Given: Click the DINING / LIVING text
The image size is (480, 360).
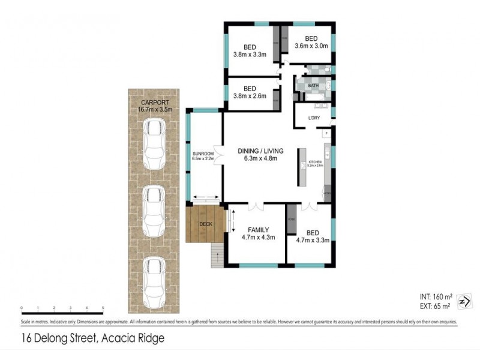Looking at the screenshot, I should coord(260,151).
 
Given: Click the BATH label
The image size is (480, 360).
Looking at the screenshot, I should coord(313,86).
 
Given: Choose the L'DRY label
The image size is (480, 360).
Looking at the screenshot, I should coord(314,118).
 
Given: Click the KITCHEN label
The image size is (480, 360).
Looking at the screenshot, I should coord(316,163).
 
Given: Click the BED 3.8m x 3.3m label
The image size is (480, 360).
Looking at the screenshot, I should coord(250,51).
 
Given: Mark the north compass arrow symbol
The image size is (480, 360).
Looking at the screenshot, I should coord(464,301).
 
